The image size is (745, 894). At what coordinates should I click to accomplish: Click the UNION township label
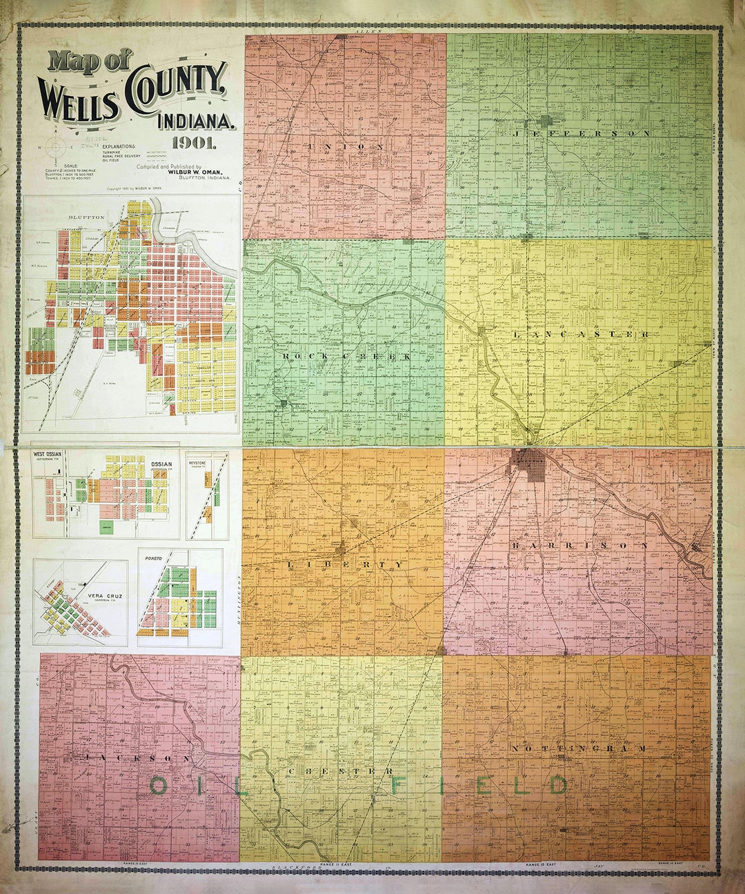point(347,147)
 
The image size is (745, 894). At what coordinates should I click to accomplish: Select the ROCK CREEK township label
point(346,356)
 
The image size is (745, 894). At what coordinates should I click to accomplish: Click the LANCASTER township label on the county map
point(582,334)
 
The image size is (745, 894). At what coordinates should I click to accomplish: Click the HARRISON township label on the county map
point(580,545)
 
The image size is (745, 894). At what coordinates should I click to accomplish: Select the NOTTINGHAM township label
point(580,748)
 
